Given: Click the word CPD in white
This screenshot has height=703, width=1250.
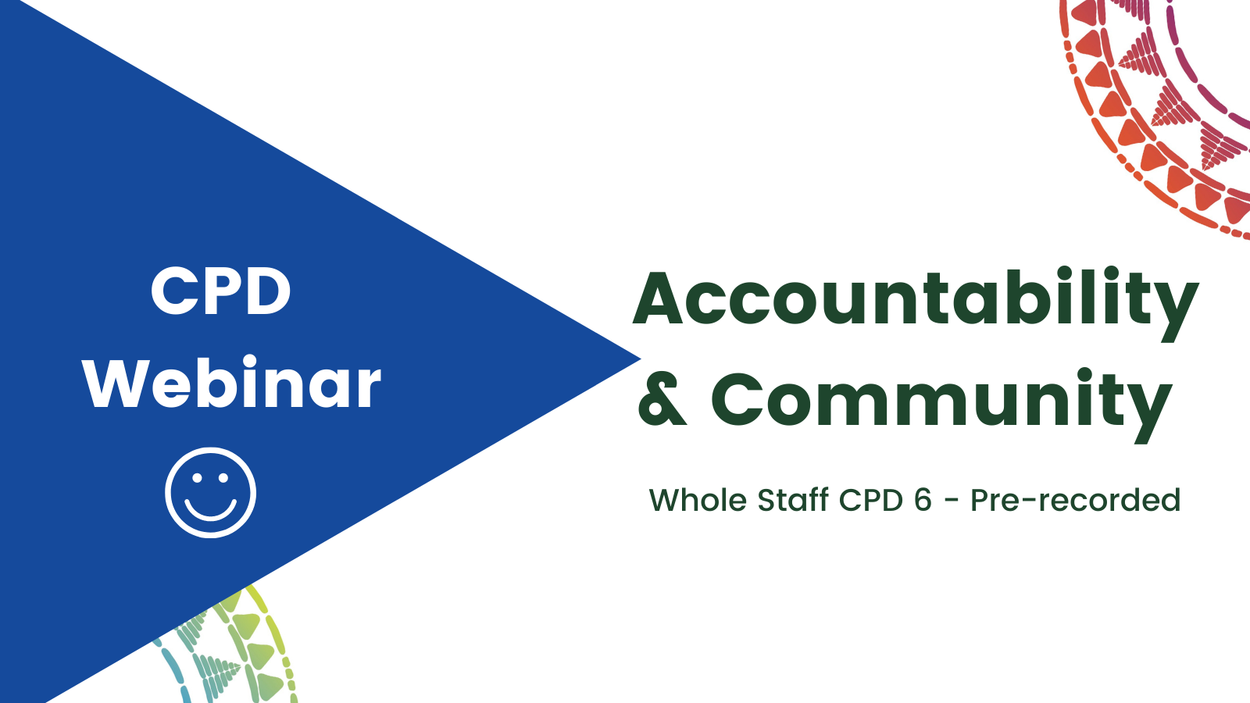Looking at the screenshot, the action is pos(221,291).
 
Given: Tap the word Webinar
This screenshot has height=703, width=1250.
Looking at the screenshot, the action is pos(232,383).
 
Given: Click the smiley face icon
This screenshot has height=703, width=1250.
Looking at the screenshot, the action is pos(210,493).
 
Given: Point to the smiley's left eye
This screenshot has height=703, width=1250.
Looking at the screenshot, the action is pos(196,477).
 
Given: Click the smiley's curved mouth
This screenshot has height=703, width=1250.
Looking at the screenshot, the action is pos(210,509).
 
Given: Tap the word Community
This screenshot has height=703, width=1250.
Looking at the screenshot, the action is pos(941,405).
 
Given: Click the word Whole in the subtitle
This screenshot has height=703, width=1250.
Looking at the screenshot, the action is pos(698,499).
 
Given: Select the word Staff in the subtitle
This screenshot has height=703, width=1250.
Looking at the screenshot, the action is pos(793,499).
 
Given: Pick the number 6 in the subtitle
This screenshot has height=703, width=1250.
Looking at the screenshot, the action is pos(923,500).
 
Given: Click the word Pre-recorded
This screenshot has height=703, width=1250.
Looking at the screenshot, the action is pos(1075,500).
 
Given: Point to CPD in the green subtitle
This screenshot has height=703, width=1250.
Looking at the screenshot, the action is pos(871,500).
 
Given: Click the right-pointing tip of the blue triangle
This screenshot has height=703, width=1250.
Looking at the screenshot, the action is pos(641,359).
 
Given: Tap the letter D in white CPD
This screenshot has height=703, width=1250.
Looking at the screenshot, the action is pos(268,291).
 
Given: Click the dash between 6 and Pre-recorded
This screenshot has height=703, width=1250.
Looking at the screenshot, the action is pos(952,501).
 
